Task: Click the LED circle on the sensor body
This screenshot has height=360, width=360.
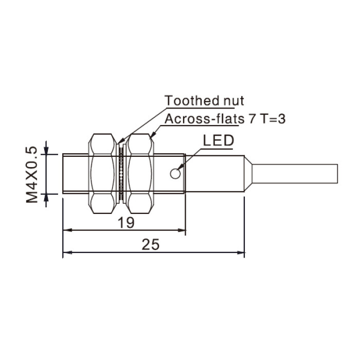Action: (175, 174)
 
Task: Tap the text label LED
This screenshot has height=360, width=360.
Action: (219, 140)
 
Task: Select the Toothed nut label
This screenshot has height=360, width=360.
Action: (204, 101)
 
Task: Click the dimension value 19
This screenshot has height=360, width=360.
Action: (126, 223)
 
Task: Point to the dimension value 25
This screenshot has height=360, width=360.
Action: (150, 244)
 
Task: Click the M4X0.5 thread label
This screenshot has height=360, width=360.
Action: (31, 174)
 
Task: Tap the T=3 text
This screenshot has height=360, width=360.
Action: (273, 119)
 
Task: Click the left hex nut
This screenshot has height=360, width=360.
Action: (102, 174)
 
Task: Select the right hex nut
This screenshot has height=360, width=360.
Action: (140, 174)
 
